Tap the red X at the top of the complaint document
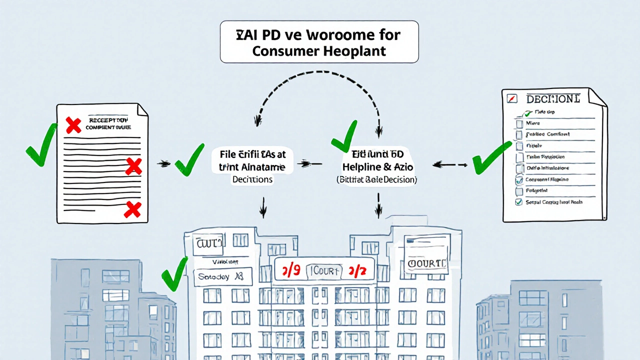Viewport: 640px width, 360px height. click(73, 125)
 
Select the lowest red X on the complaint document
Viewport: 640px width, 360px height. click(132, 209)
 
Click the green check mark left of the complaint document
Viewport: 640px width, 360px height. click(41, 145)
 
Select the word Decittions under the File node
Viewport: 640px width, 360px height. click(252, 179)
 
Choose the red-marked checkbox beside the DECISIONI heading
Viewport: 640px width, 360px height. click(511, 98)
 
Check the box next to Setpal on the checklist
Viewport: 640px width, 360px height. click(518, 202)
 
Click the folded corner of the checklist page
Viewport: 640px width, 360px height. click(598, 97)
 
